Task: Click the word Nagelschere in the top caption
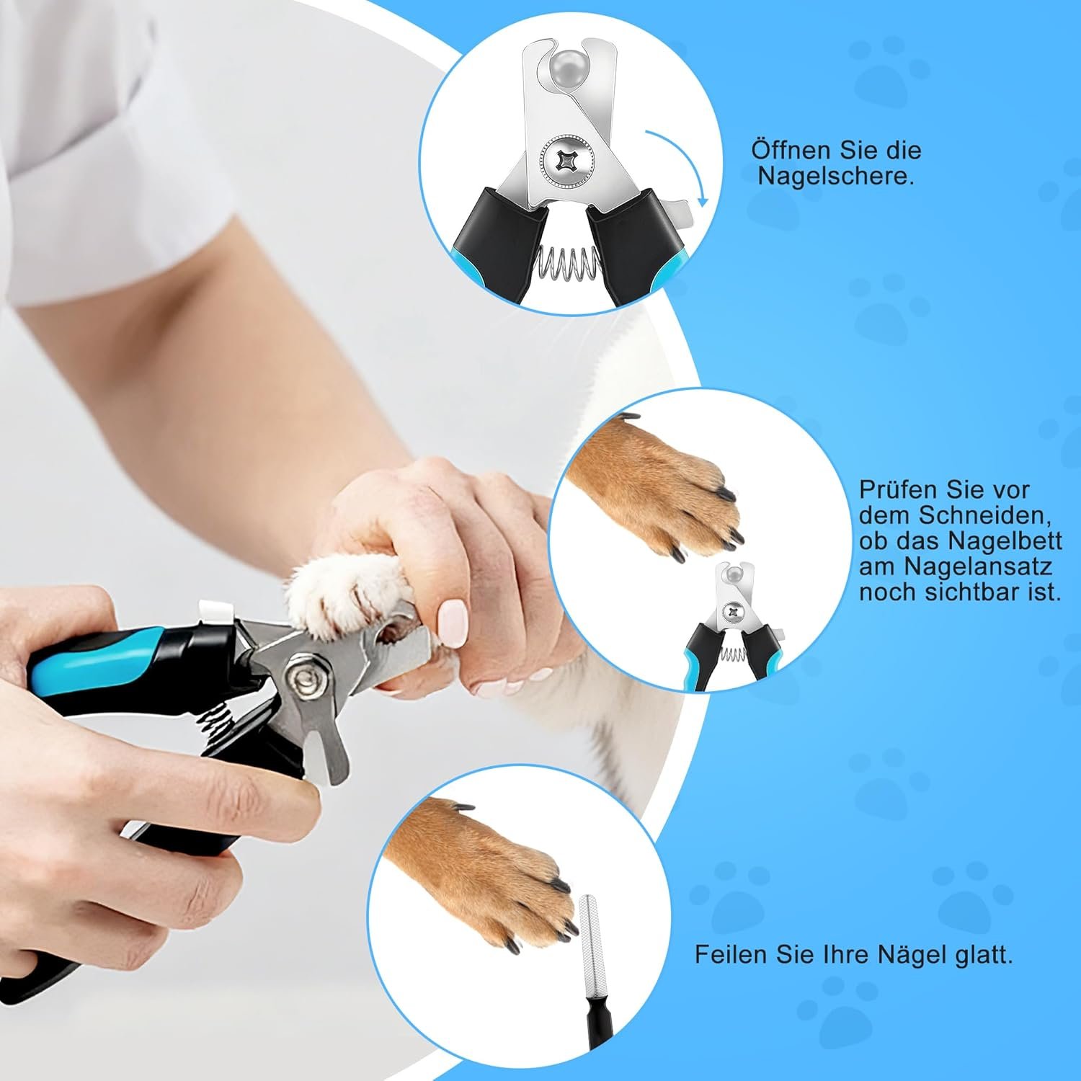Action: coord(835,177)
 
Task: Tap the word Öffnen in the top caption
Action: coord(788,150)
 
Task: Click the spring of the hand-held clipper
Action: coord(216,721)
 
